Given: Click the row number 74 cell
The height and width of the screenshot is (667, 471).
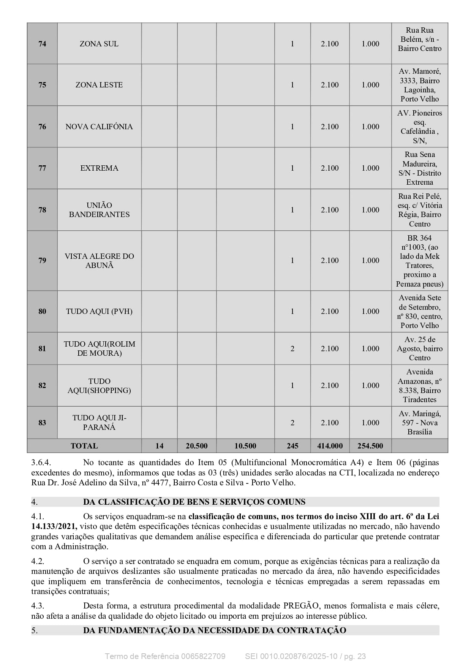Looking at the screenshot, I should click(42, 44).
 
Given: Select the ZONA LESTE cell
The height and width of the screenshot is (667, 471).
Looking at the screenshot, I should click(99, 85).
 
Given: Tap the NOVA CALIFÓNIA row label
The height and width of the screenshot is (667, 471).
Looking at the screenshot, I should click(99, 127).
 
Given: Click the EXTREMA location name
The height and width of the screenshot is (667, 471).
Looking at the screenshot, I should click(99, 168).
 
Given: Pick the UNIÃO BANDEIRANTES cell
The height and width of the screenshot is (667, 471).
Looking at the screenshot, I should click(99, 210).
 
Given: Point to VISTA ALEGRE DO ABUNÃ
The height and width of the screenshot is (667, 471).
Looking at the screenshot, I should click(99, 261).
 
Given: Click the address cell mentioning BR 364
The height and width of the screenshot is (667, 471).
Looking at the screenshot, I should click(419, 261).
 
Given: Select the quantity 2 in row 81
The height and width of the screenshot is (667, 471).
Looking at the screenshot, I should click(292, 349).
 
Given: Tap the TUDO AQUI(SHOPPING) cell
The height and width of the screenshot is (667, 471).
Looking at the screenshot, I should click(99, 386).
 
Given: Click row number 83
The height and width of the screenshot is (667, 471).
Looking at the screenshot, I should click(42, 423).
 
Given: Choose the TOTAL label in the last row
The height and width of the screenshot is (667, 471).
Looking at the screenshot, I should click(84, 446).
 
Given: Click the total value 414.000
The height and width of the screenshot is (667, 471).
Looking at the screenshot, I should click(330, 446).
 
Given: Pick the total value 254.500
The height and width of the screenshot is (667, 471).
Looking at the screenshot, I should click(370, 446).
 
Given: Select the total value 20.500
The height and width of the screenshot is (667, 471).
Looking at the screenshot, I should click(196, 446).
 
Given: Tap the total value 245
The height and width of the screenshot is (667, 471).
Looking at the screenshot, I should click(292, 446).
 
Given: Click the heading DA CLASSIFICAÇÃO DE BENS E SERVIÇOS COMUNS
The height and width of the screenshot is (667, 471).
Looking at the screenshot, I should click(194, 502).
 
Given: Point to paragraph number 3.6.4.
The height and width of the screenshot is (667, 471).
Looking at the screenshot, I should click(41, 463).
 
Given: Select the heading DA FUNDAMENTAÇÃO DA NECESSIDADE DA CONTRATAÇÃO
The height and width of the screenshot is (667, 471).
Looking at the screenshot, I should click(215, 631).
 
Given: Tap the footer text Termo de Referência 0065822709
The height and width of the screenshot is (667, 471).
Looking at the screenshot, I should click(165, 656).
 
